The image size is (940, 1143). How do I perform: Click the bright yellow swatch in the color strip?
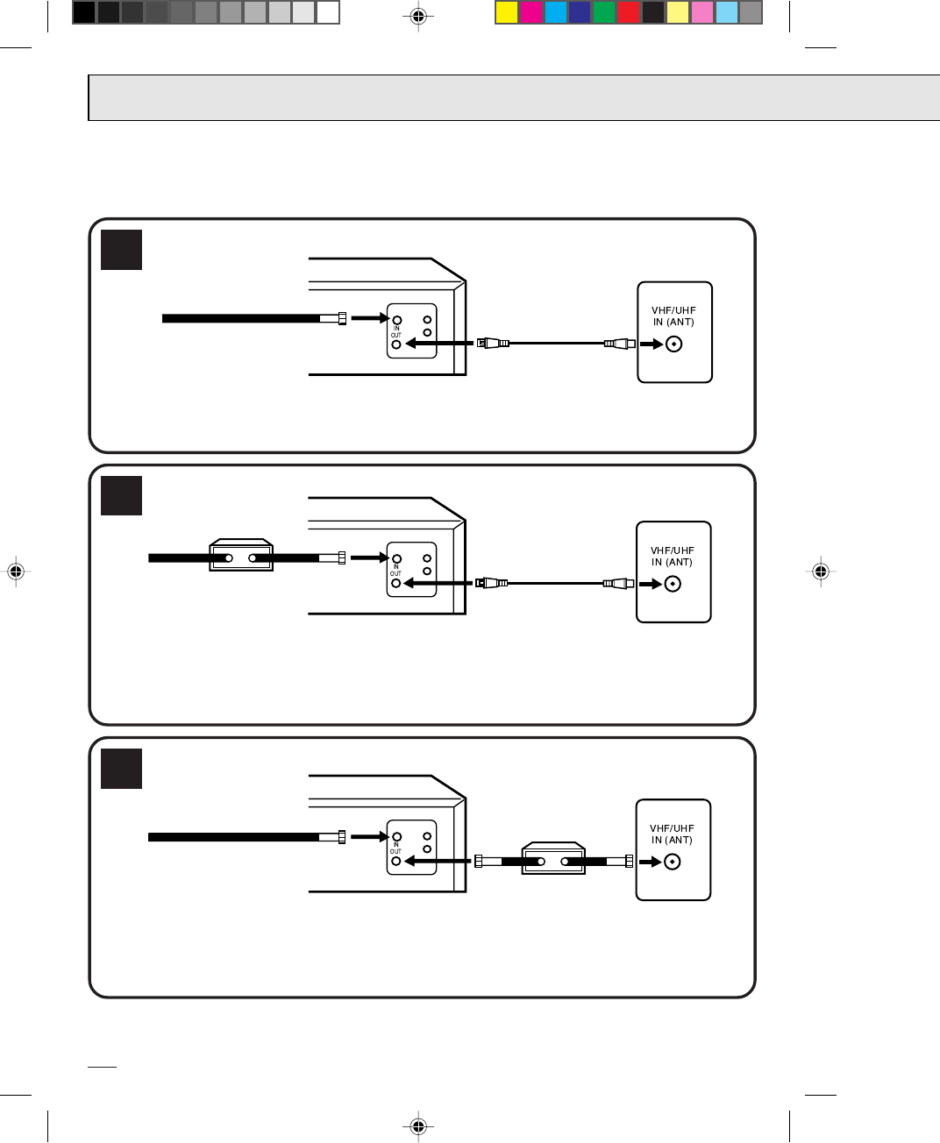pyautogui.click(x=506, y=12)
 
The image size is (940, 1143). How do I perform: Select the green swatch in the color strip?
pyautogui.click(x=604, y=12)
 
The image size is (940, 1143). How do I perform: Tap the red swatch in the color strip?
pyautogui.click(x=629, y=12)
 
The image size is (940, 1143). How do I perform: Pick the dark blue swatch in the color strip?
pyautogui.click(x=580, y=12)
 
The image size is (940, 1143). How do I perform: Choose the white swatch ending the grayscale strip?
pyautogui.click(x=328, y=12)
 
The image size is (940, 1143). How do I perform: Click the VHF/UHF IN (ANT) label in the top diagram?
pyautogui.click(x=673, y=316)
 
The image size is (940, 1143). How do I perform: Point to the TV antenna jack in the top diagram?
pyautogui.click(x=673, y=344)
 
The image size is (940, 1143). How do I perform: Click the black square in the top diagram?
pyautogui.click(x=121, y=250)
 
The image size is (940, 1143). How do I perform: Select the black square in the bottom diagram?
pyautogui.click(x=121, y=768)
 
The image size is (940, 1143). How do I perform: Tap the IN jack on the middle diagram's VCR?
pyautogui.click(x=396, y=558)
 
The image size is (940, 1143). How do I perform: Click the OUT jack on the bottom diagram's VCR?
pyautogui.click(x=396, y=862)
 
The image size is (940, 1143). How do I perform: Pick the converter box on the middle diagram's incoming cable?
pyautogui.click(x=241, y=557)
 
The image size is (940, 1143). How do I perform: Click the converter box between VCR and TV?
pyautogui.click(x=553, y=860)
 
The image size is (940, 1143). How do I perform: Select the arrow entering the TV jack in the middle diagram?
pyautogui.click(x=650, y=585)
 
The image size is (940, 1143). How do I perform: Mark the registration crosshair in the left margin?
pyautogui.click(x=14, y=571)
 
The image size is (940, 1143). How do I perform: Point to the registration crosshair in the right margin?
pyautogui.click(x=821, y=571)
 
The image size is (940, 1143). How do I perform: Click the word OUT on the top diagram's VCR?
pyautogui.click(x=396, y=336)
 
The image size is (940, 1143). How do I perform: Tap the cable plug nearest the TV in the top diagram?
pyautogui.click(x=618, y=344)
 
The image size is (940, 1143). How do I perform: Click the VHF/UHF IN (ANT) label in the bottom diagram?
pyautogui.click(x=672, y=834)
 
